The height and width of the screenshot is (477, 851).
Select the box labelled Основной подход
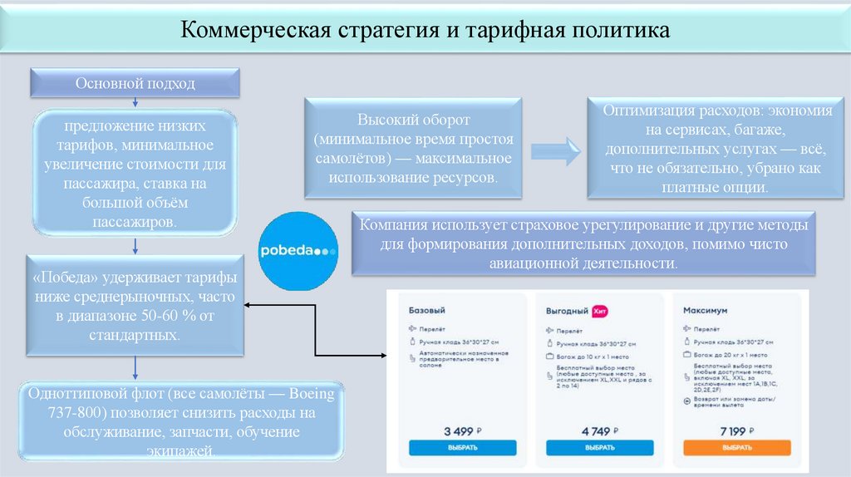135,83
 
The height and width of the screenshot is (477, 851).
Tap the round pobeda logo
298,250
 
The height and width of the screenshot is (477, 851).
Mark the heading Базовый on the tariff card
427,309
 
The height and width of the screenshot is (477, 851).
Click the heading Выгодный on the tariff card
566,310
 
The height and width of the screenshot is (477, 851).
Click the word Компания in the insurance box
393,225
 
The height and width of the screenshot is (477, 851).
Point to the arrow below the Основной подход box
135,102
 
